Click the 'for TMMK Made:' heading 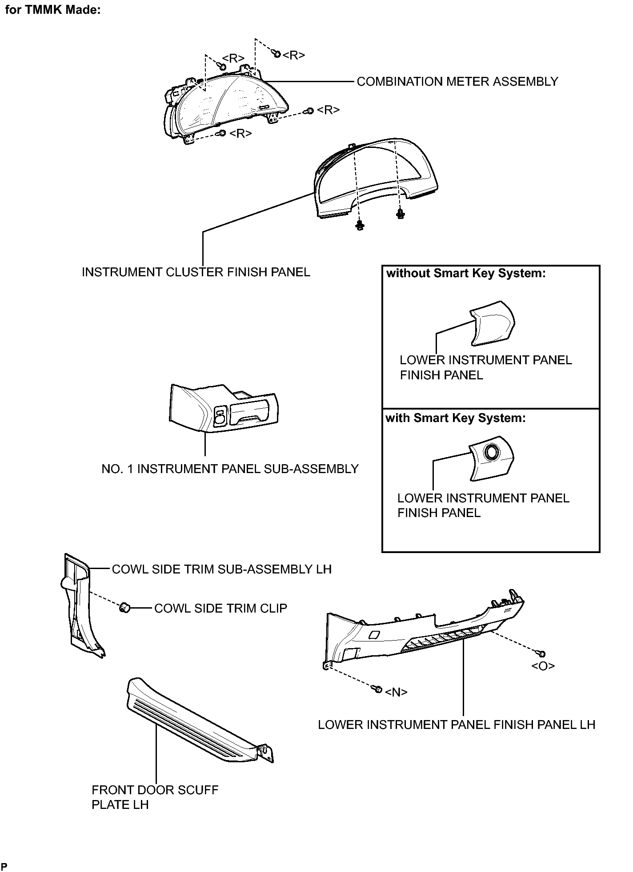52,10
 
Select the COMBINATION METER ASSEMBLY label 457,82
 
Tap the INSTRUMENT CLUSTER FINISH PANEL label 196,272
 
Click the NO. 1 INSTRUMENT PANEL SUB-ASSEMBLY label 230,469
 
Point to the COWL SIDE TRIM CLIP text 220,608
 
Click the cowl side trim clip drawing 124,607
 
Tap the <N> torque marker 396,692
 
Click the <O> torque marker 543,666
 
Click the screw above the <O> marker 541,653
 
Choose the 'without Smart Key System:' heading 466,274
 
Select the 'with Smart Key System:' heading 456,418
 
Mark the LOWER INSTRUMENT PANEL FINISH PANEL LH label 457,725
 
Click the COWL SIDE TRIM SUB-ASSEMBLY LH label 222,569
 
